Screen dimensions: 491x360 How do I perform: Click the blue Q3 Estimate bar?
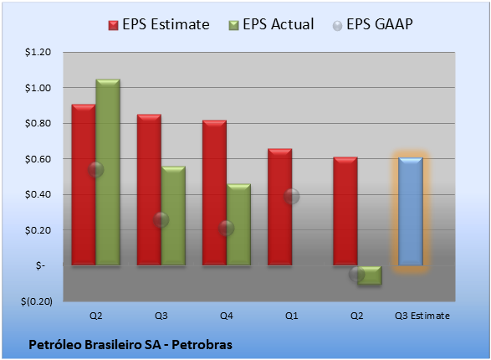click(411, 212)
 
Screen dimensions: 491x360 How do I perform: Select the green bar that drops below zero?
click(370, 275)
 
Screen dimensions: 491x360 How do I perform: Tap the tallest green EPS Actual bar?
click(108, 172)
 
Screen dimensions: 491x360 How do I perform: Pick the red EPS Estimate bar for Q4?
click(214, 193)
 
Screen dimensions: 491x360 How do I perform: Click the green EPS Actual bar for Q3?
click(173, 216)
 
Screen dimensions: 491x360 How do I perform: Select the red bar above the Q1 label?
click(280, 207)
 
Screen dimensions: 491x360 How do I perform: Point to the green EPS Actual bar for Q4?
click(238, 224)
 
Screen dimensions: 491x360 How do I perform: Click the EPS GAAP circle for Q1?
click(292, 197)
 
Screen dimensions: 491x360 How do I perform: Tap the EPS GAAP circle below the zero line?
click(357, 274)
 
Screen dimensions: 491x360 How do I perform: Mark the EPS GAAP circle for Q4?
click(226, 228)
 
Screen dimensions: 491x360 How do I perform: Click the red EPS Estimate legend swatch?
click(114, 25)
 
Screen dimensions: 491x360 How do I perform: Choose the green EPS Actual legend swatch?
click(233, 25)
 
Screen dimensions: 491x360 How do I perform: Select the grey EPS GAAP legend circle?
click(337, 26)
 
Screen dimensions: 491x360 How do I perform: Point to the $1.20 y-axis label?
click(38, 52)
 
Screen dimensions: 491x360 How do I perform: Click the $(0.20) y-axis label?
click(37, 301)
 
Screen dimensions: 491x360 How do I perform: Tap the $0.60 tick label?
click(38, 159)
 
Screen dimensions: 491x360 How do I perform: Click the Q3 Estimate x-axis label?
click(422, 316)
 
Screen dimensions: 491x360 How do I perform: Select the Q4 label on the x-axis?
click(227, 316)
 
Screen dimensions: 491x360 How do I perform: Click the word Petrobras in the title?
click(202, 345)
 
